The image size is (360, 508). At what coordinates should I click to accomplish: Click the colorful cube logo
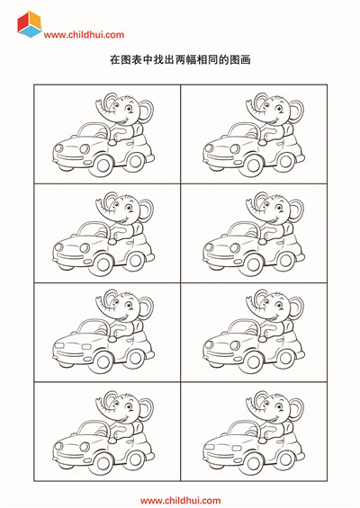tap(30, 24)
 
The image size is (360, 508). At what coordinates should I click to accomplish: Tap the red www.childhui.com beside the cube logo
tap(84, 35)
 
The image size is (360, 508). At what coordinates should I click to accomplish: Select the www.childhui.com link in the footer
tap(180, 501)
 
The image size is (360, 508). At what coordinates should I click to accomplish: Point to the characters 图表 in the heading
tap(131, 60)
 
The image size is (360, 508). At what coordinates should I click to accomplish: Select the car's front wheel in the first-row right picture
tap(254, 165)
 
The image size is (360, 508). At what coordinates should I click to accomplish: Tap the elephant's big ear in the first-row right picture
tap(297, 111)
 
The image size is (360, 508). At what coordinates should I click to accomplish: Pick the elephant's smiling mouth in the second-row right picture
tap(274, 219)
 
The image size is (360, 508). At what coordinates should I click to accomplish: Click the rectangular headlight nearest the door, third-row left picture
tap(86, 347)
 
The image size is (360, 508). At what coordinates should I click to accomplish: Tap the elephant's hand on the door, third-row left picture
tap(112, 339)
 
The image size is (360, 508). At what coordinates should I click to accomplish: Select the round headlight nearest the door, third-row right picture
tap(235, 345)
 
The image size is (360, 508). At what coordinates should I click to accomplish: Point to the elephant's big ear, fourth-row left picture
tap(147, 409)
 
